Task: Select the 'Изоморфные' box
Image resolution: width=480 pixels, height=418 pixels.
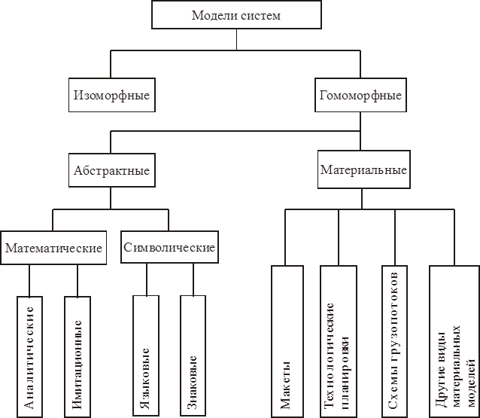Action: [111, 96]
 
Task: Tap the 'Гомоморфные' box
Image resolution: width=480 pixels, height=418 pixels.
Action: [360, 96]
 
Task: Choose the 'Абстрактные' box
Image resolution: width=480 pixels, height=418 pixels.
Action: [111, 171]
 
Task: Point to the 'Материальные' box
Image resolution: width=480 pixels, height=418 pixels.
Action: [363, 171]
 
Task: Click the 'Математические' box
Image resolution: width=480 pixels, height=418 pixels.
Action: [53, 248]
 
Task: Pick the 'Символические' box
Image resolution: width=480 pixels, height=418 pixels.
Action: [169, 248]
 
